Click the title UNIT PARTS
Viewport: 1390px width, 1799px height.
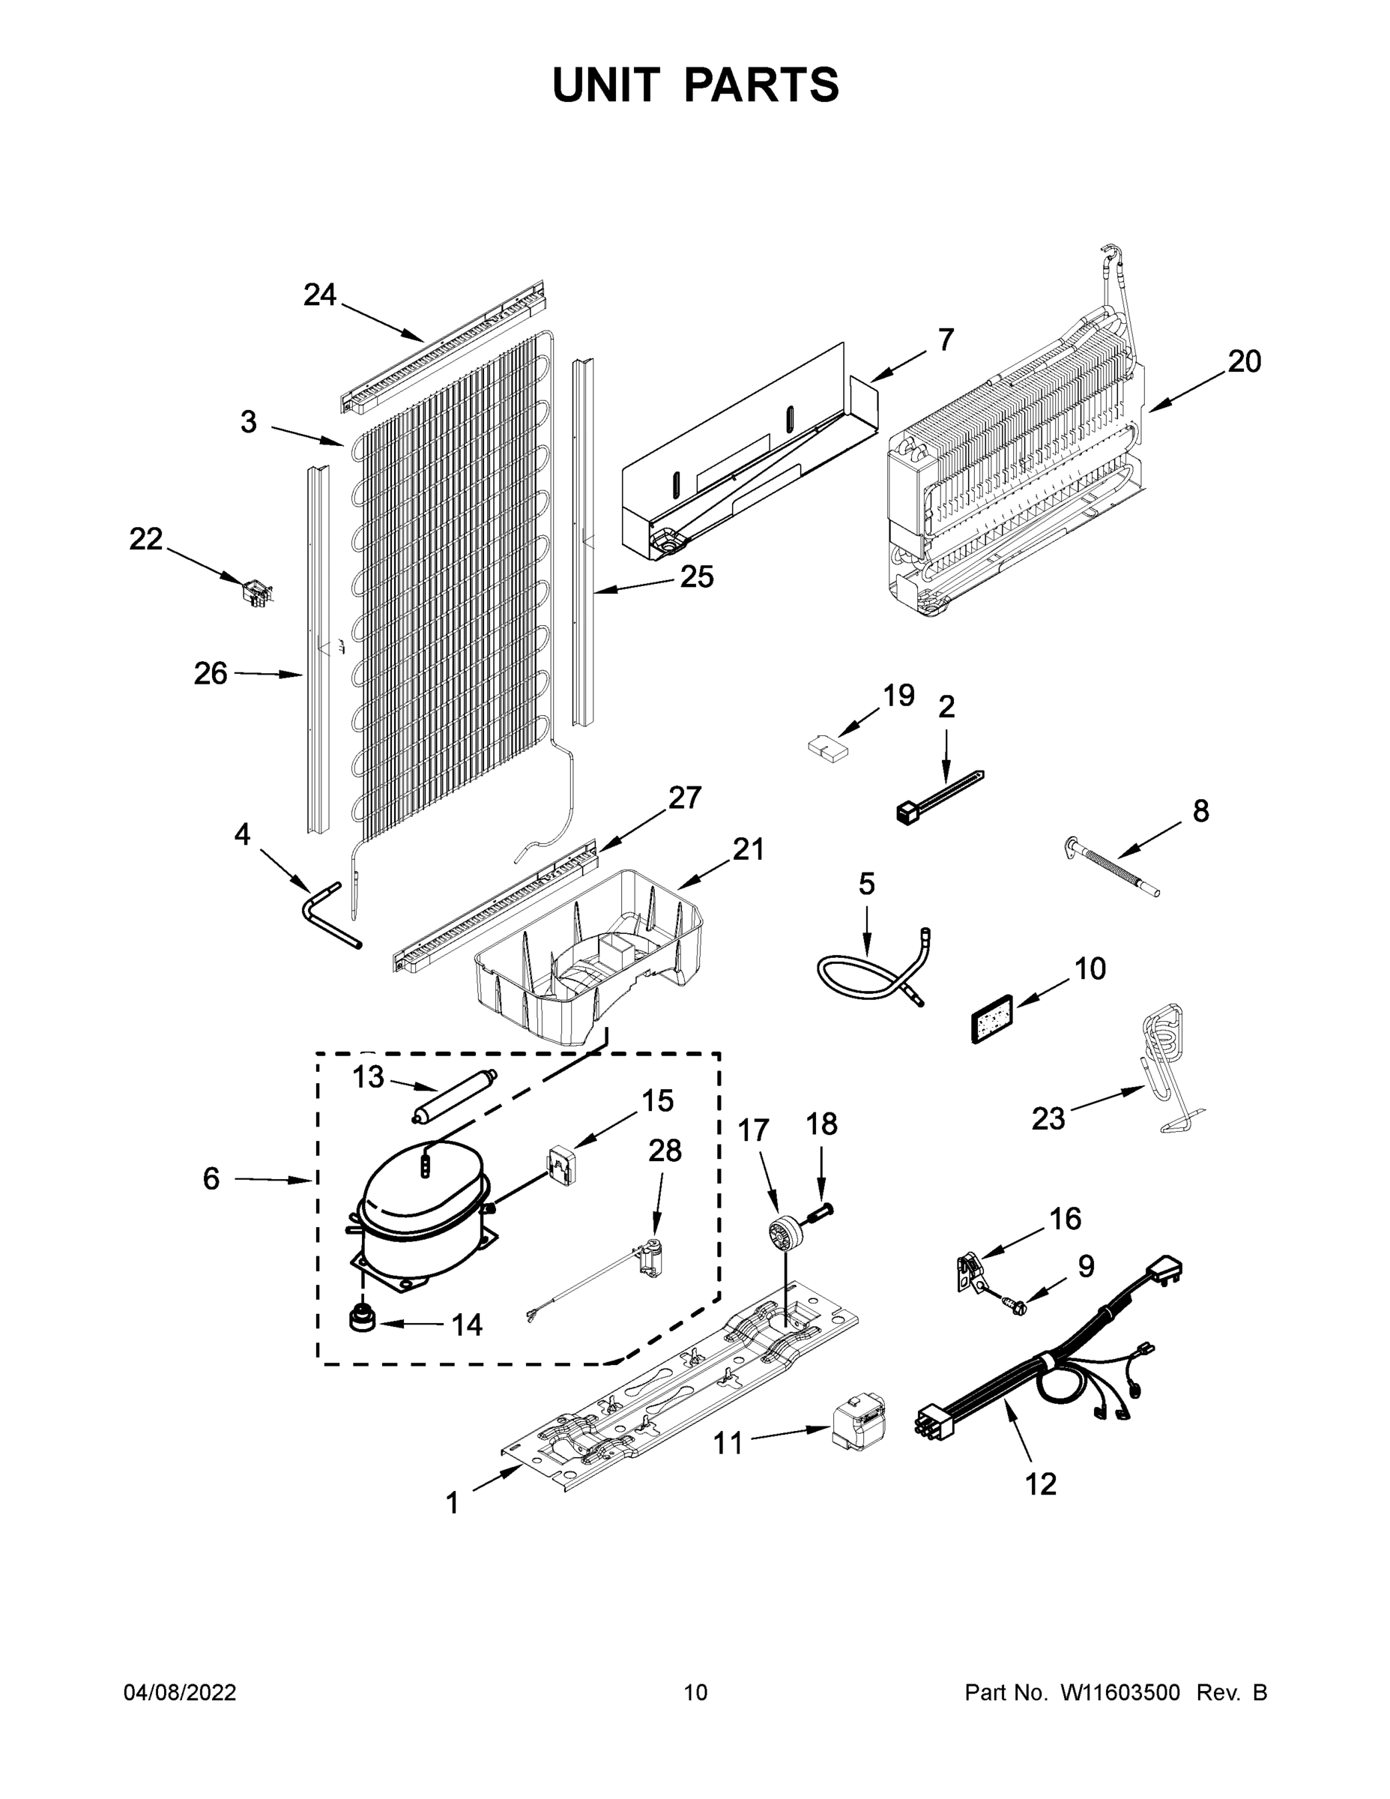[695, 85]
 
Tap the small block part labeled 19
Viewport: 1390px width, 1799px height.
[826, 749]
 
